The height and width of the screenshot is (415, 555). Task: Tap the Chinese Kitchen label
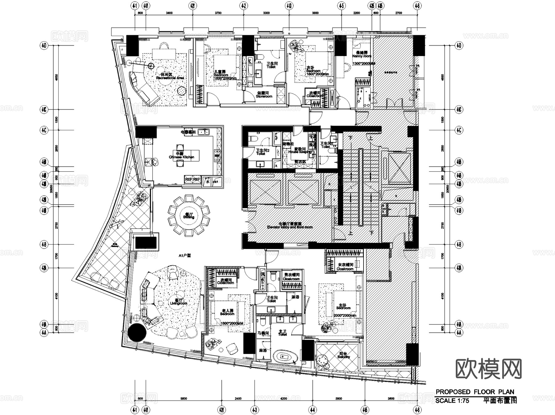182,157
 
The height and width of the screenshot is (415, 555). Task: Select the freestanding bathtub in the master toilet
286,357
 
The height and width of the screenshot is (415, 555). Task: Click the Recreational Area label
170,78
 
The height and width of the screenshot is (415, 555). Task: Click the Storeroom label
264,96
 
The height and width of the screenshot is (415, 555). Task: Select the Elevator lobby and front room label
290,227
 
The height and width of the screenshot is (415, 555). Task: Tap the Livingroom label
179,303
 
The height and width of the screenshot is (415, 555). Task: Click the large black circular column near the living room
137,332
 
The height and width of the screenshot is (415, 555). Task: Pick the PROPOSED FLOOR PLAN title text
475,392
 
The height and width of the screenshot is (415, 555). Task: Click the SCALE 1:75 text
452,401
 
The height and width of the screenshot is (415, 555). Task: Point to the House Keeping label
300,152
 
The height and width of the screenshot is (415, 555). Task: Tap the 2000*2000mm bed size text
345,315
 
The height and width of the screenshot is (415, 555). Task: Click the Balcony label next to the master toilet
343,357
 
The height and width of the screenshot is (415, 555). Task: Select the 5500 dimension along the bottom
183,398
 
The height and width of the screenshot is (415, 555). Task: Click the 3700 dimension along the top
218,13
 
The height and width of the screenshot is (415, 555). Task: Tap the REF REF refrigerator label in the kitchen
192,179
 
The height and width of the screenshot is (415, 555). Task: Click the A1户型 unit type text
185,255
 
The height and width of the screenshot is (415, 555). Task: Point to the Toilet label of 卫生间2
261,153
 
